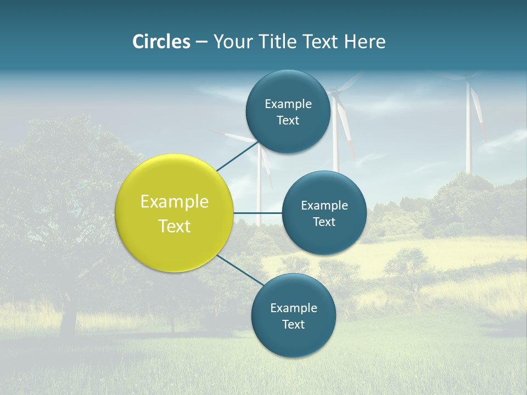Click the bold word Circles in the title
point(161,42)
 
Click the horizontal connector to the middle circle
point(257,213)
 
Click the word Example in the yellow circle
point(175,202)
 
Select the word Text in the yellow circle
point(175,226)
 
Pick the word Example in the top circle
point(288,104)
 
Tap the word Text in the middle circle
point(324,222)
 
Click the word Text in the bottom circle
point(293,324)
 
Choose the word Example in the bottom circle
point(294,308)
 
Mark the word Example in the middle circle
point(324,206)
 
